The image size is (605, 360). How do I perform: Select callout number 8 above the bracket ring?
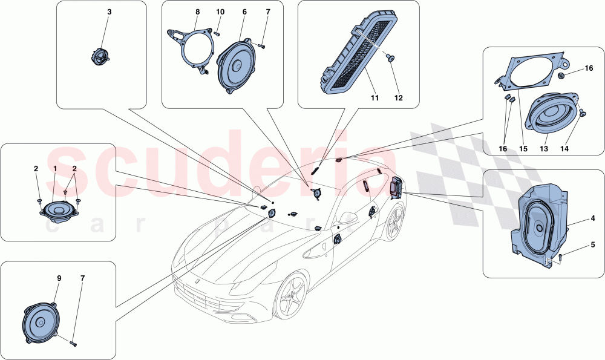(x=197, y=11)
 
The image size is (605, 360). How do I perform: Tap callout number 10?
(x=220, y=11)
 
